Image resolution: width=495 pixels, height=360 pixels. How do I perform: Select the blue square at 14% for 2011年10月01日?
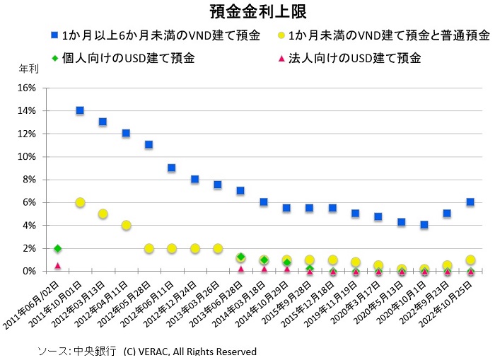point(80,110)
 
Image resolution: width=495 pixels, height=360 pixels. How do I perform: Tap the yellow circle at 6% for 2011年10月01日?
point(80,202)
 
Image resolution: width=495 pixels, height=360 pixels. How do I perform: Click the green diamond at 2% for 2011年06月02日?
point(57,248)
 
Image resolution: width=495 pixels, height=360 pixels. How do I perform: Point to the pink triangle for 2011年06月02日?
point(57,265)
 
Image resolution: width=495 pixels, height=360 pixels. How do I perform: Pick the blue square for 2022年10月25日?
point(470,202)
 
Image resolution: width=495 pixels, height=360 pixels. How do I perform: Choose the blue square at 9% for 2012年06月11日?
point(172,168)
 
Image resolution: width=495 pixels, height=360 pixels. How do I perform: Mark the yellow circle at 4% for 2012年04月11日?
point(126,226)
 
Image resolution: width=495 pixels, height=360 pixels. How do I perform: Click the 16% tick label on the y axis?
point(25,88)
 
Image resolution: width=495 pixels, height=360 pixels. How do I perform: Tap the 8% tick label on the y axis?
point(28,180)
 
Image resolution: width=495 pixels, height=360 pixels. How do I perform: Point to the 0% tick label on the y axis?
point(28,271)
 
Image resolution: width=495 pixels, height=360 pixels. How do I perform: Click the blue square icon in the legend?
point(53,35)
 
